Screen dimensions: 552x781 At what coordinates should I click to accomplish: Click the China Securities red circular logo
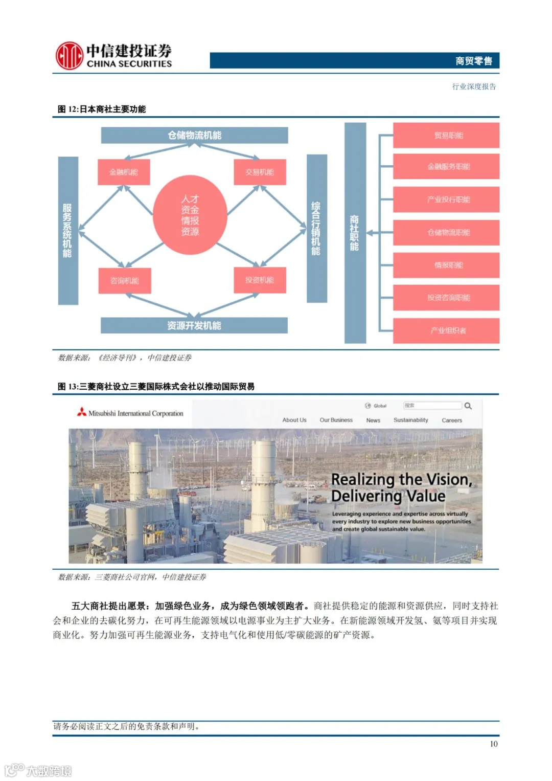tap(69, 56)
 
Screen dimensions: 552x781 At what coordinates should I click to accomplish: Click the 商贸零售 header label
tap(473, 61)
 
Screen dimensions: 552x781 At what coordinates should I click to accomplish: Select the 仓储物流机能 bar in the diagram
tap(194, 136)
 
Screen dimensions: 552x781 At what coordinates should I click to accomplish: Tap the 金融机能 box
tap(124, 172)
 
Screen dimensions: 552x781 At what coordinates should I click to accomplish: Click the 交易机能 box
tap(260, 172)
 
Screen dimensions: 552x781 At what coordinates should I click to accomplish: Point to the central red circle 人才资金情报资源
tap(190, 215)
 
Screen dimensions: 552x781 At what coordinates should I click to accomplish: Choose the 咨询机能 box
tap(125, 281)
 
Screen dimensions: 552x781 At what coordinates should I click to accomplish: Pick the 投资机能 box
tap(260, 280)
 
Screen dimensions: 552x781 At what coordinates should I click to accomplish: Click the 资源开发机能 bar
tap(194, 326)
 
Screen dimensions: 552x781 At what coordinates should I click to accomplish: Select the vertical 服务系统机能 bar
tap(67, 231)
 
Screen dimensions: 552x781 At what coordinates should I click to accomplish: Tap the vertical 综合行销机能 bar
tap(316, 229)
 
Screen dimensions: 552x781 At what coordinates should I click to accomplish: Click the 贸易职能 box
tap(446, 136)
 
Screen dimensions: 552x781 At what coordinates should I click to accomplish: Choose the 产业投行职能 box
tap(446, 199)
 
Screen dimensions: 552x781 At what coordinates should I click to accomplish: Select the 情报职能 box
tap(446, 265)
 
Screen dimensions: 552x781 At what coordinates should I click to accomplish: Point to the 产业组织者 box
tap(446, 330)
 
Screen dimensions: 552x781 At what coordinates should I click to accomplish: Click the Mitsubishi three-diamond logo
tap(82, 412)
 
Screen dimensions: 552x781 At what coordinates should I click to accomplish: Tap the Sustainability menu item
tap(410, 420)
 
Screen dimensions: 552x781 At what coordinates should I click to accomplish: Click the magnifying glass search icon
tap(468, 406)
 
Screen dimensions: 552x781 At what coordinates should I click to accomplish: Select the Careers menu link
tap(452, 420)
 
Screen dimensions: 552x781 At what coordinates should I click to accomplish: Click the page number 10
tap(493, 744)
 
